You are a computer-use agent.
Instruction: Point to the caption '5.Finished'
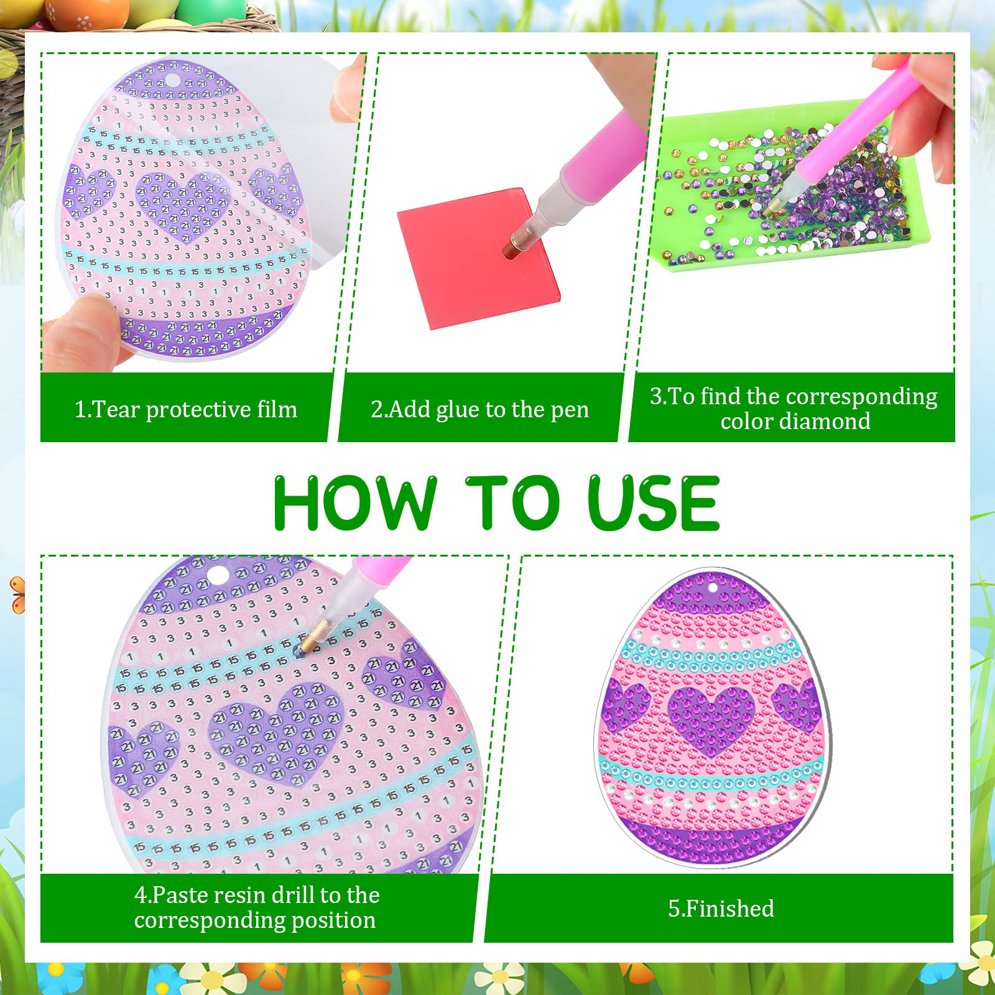tap(721, 909)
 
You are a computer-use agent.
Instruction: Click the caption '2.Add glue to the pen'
tap(479, 409)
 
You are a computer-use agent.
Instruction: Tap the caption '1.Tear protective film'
tap(186, 409)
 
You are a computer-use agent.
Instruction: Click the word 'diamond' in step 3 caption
tap(827, 421)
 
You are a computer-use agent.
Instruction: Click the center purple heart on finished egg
tap(711, 715)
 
